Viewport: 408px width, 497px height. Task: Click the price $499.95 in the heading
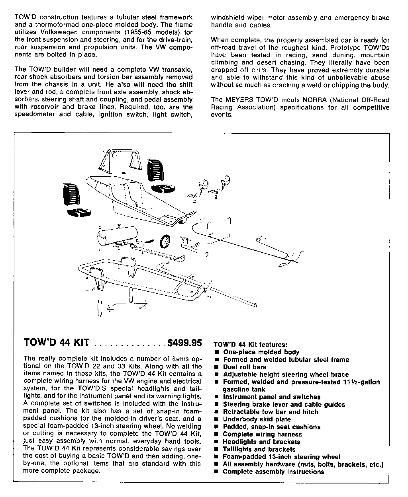[185, 343]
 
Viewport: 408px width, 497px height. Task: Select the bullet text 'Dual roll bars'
[245, 367]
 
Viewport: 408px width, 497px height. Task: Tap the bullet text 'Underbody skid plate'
[257, 419]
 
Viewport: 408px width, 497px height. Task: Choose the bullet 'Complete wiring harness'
[262, 434]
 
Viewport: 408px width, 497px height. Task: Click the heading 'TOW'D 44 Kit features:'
[250, 345]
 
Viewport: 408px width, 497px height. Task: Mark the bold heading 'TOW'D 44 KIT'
[56, 343]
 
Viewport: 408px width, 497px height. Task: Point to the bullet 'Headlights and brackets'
[261, 442]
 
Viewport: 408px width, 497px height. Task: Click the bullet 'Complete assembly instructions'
[273, 472]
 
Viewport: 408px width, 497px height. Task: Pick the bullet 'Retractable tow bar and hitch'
[271, 412]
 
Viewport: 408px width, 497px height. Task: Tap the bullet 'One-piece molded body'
[261, 352]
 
